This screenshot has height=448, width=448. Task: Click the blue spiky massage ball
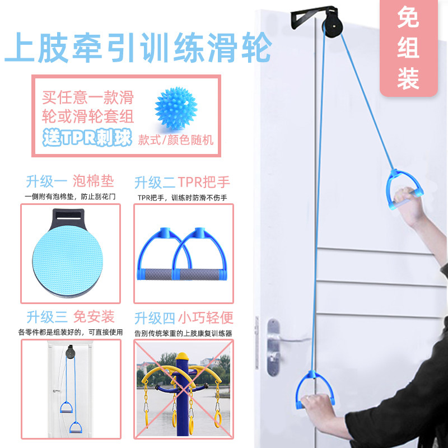176,108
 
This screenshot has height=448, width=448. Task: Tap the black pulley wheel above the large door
333,26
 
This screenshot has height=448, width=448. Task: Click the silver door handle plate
273,347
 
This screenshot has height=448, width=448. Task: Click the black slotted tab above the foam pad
68,218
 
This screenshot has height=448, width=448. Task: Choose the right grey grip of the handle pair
199,274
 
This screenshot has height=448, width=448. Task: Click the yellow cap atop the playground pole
183,356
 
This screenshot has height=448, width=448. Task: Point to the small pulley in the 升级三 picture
70,352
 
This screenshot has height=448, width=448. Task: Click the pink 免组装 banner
409,48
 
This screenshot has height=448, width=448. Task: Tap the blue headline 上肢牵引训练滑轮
138,48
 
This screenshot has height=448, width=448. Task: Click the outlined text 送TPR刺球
87,138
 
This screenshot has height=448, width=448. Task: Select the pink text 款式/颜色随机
176,140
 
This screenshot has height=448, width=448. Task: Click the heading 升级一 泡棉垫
70,181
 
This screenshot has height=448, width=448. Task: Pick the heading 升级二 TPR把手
182,183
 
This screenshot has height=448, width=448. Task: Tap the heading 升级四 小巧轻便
184,318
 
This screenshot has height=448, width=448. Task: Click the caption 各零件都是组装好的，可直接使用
71,332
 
